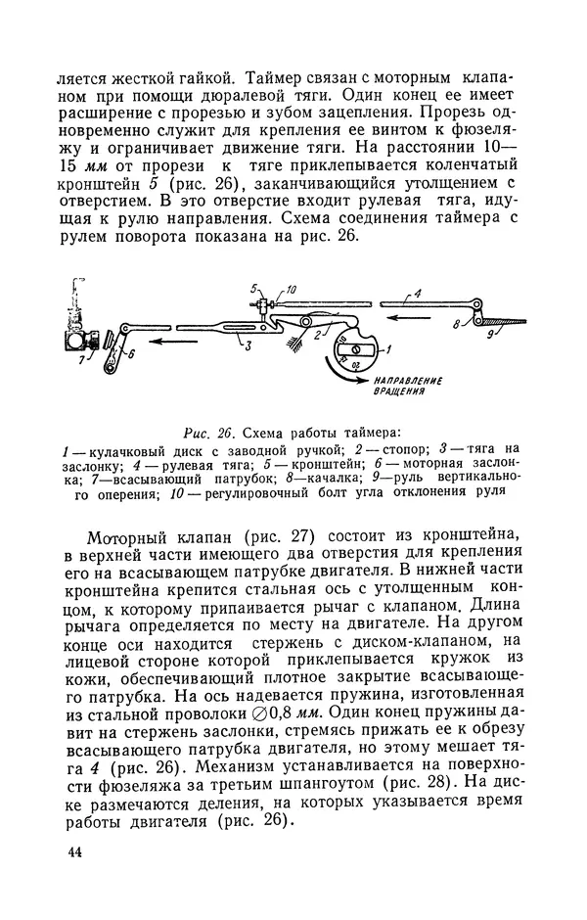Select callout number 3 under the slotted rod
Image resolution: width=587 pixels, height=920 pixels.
point(248,345)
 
